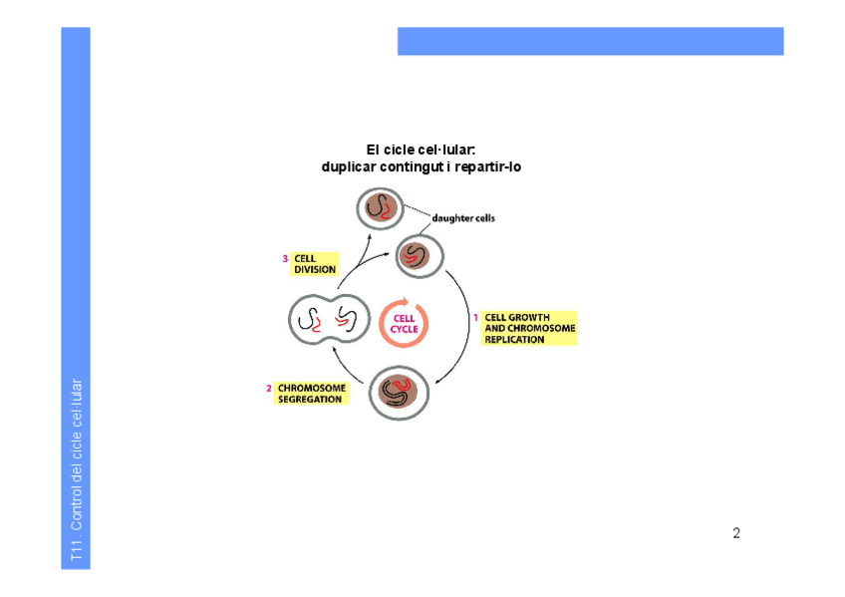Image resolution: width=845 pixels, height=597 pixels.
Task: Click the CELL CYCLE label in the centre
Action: tap(404, 324)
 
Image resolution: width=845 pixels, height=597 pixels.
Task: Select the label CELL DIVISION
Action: tap(315, 263)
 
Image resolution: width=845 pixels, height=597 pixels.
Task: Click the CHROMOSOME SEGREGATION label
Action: tap(312, 394)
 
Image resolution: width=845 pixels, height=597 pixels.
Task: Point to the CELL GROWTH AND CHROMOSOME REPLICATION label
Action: tap(529, 328)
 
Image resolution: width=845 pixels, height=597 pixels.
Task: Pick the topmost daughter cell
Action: tap(380, 209)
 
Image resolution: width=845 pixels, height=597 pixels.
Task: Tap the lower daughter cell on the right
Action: tap(418, 255)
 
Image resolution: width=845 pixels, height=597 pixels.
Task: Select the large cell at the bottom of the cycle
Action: tap(399, 392)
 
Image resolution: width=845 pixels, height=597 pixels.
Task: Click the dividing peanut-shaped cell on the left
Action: tap(329, 320)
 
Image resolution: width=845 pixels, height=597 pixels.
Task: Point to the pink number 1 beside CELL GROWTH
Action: tap(475, 318)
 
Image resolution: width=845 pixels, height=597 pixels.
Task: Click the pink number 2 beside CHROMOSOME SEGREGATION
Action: tap(268, 389)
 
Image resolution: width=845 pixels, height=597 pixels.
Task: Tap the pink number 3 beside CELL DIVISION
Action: tap(285, 258)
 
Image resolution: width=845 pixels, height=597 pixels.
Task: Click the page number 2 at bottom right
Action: tap(736, 533)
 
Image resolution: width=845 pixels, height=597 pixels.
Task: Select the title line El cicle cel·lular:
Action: tap(421, 149)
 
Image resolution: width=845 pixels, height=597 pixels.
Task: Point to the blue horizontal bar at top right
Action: tap(590, 41)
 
